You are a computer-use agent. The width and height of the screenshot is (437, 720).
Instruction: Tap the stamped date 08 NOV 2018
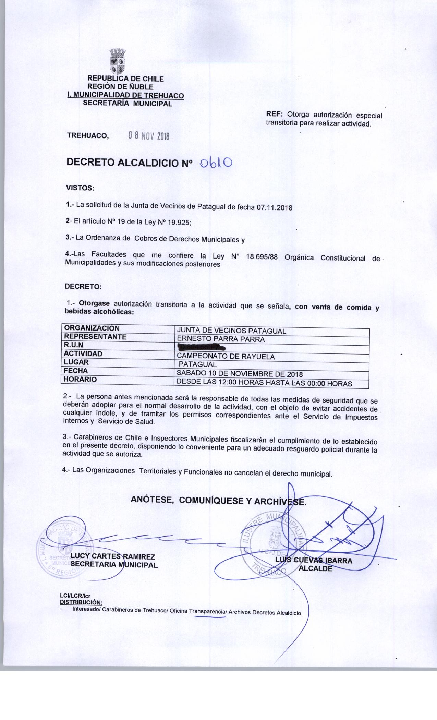149,136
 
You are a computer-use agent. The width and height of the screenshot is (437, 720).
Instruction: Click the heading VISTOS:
80,188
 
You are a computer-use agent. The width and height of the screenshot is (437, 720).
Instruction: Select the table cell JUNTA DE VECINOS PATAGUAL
231,331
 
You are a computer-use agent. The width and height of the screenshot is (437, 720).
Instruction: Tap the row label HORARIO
81,379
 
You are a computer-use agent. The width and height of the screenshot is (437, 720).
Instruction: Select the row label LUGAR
76,362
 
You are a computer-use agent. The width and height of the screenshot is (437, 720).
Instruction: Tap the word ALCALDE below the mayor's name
316,568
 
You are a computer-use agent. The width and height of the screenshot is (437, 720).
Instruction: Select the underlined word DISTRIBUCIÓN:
81,602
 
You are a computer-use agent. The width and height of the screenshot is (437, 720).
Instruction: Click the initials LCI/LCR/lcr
75,597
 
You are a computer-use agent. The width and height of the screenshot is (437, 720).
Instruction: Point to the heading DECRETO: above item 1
83,287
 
